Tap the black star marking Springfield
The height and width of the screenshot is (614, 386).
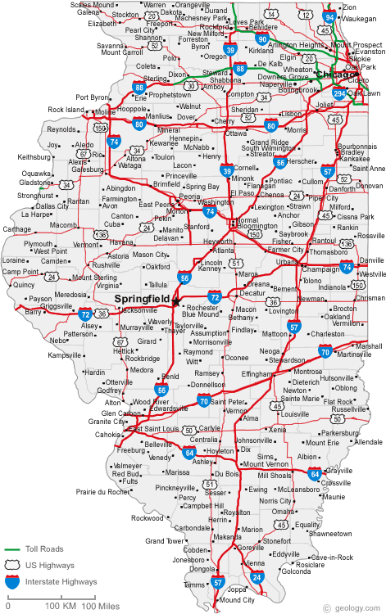pos(175,302)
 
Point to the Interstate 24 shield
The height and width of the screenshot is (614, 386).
pos(257,578)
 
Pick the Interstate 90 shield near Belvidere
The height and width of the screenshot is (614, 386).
pos(262,38)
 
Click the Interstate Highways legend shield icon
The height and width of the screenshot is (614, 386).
pos(12,583)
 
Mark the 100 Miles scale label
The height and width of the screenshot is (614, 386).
pos(99,606)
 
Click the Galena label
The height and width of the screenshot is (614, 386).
pos(89,13)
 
